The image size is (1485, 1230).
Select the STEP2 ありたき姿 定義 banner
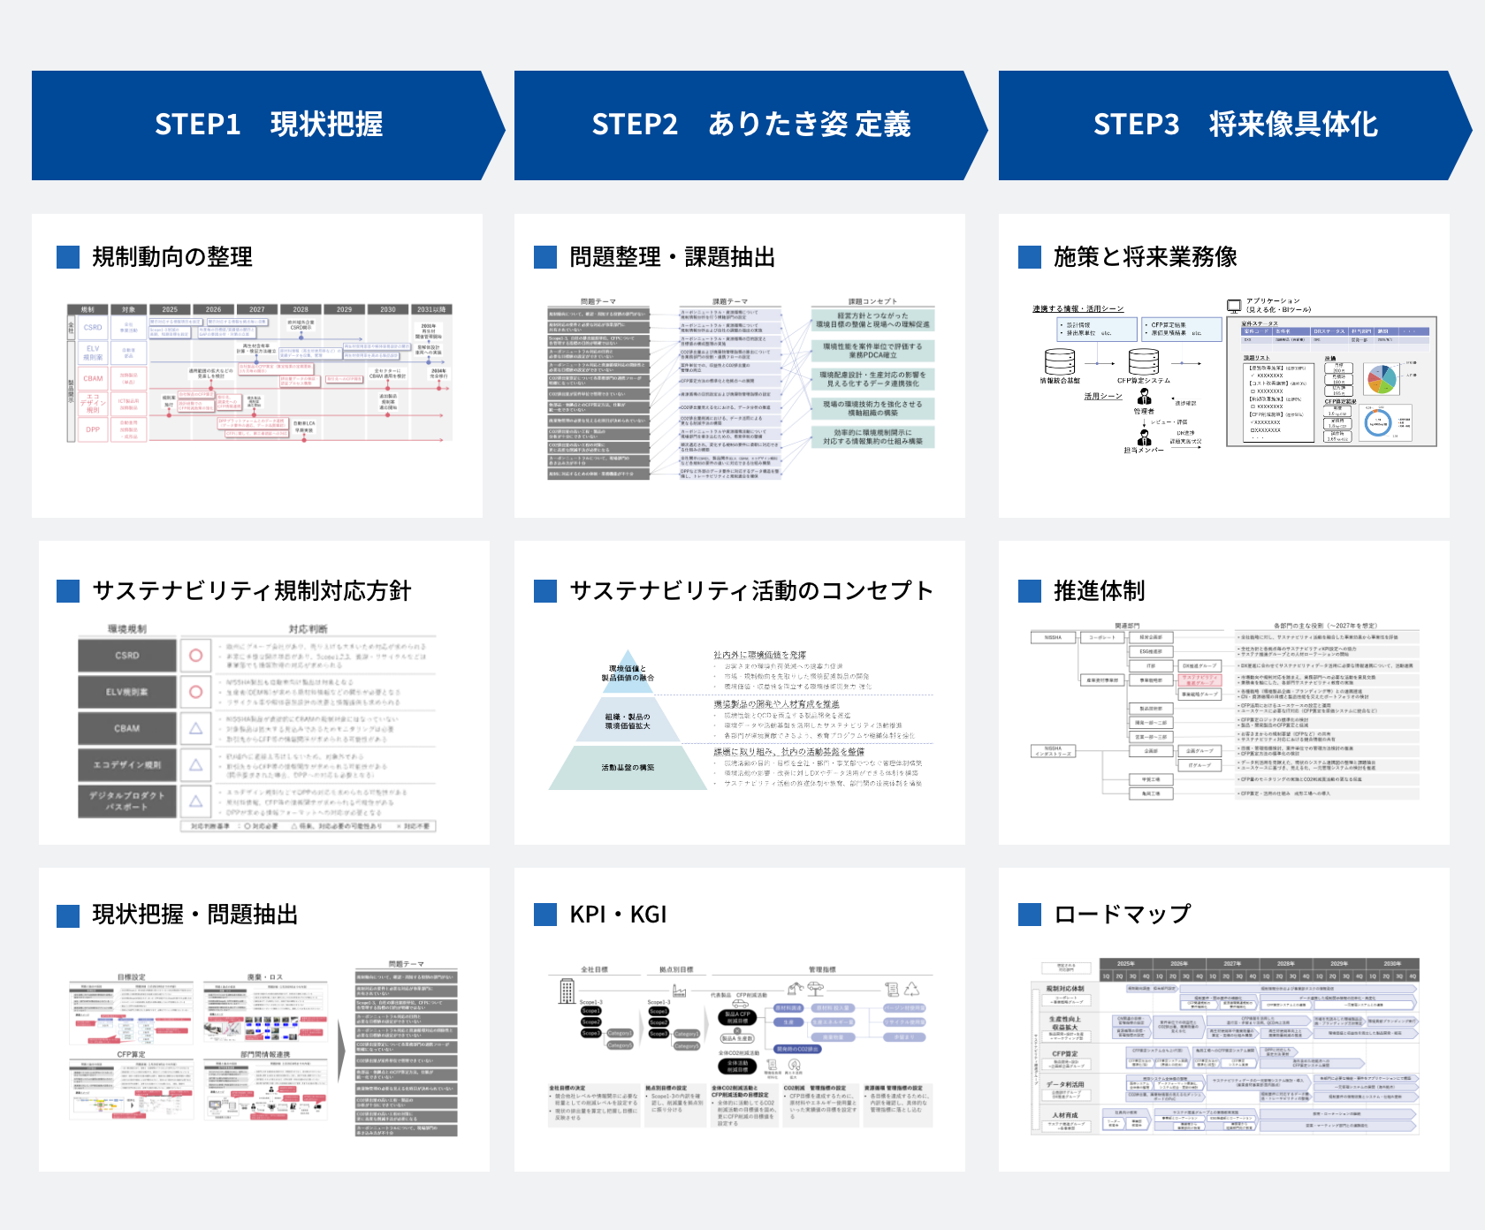[x=750, y=125]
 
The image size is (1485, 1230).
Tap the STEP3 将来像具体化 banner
[x=1235, y=125]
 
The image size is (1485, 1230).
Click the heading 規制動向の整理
[x=172, y=257]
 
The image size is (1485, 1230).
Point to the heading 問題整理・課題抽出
[x=672, y=257]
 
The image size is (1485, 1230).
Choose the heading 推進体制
[x=1099, y=591]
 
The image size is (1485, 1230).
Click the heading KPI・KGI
[x=618, y=915]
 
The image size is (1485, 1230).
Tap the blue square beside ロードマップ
[x=1030, y=915]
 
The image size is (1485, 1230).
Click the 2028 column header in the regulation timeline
[x=301, y=309]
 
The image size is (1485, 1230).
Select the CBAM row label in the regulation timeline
[x=93, y=378]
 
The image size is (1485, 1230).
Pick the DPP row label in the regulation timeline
[x=93, y=429]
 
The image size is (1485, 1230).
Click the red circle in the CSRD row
[x=196, y=656]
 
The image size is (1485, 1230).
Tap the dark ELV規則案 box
[x=126, y=692]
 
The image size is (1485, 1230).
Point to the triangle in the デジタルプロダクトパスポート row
[x=196, y=801]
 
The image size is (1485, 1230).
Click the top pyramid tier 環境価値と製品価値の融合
[x=628, y=673]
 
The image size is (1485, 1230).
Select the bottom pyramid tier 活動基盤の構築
[x=628, y=768]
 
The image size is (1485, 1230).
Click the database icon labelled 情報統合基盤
[x=1060, y=361]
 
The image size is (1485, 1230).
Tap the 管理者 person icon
[x=1144, y=397]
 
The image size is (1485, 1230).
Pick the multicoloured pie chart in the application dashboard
[x=1381, y=379]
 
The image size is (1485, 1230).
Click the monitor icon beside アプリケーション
[x=1234, y=306]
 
